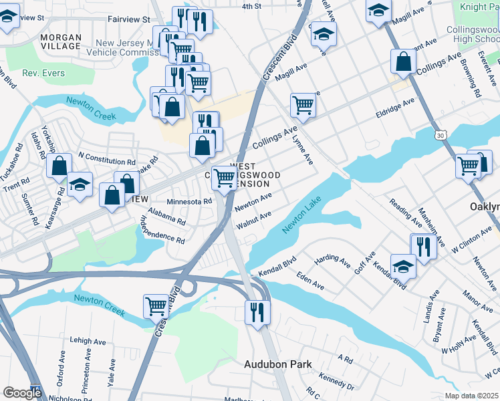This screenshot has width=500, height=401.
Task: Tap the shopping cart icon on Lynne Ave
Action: [x=303, y=105]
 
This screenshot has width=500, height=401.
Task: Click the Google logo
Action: [x=22, y=392]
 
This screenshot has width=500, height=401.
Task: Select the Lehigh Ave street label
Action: [x=88, y=341]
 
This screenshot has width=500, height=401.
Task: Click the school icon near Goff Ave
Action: [x=403, y=265]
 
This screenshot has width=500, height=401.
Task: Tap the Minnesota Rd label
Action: [x=189, y=200]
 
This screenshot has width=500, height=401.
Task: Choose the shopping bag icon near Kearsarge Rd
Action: [x=59, y=166]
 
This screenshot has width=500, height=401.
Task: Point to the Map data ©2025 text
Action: [x=472, y=396]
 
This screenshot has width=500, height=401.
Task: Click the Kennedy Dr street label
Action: [x=336, y=385]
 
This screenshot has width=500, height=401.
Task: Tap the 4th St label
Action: [x=251, y=6]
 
